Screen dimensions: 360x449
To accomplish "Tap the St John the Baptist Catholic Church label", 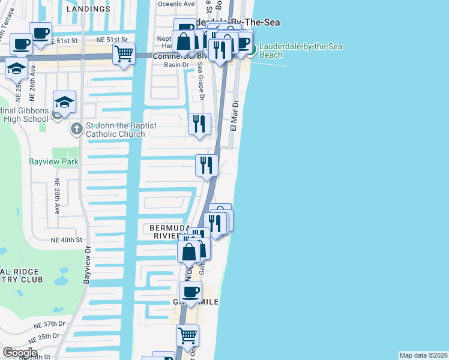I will pos(115,130).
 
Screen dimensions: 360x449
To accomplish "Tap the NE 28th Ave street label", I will pos(58,197).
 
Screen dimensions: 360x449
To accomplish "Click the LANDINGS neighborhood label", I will pos(89,10).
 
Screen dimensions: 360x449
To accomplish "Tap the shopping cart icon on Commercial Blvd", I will pos(124,54).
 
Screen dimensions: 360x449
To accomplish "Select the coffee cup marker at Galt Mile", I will pos(191,292).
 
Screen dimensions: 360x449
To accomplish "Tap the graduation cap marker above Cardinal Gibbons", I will pos(64,101).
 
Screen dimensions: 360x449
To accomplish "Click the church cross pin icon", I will pos(76,128).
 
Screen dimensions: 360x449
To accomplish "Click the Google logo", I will pos(20,353).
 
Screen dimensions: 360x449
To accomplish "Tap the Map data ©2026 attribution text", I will pos(423,355).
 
